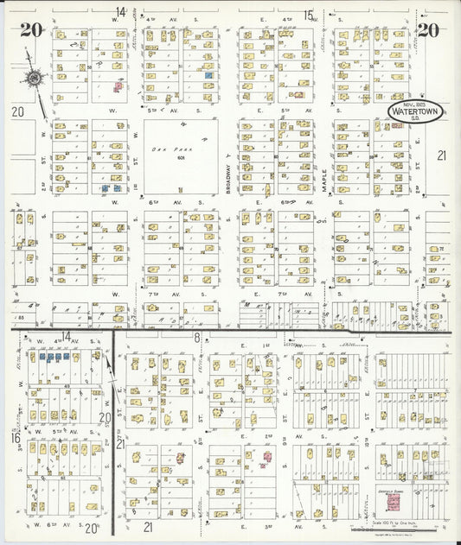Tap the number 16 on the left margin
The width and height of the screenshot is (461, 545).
[x=16, y=438]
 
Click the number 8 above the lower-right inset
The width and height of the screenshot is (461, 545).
[x=197, y=337]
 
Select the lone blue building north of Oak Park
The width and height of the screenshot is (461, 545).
[x=208, y=76]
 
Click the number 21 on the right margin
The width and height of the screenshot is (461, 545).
[x=440, y=155]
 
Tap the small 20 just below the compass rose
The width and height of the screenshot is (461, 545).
[x=17, y=111]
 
